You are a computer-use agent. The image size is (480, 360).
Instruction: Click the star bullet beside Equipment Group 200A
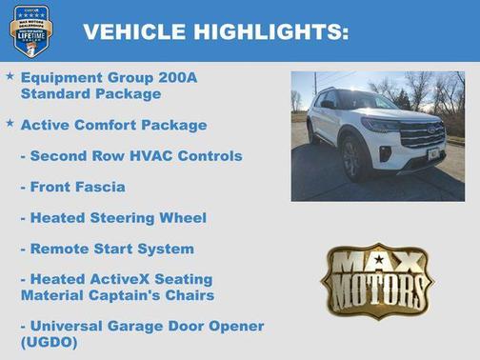10,74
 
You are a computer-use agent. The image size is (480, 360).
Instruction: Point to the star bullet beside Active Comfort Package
10,123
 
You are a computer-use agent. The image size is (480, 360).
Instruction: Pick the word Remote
61,249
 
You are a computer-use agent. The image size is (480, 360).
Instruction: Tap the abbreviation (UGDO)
49,342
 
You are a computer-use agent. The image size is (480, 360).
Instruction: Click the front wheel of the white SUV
354,159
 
